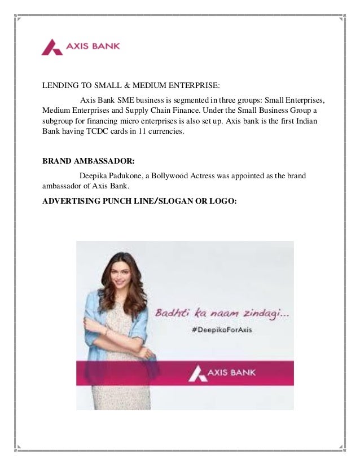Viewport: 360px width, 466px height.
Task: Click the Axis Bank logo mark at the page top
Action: (x=51, y=47)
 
